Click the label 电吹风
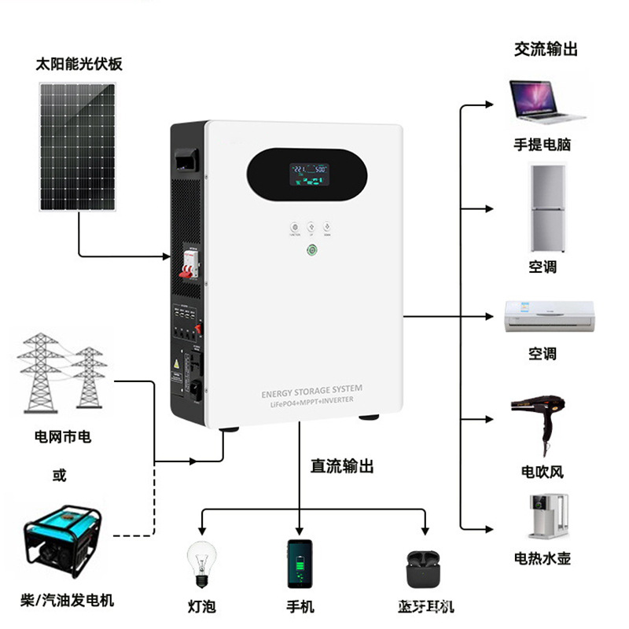click(x=543, y=472)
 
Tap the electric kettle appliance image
click(x=542, y=516)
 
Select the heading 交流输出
click(x=546, y=49)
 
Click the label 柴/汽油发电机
click(x=68, y=601)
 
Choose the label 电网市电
click(x=63, y=436)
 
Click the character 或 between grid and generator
click(x=60, y=475)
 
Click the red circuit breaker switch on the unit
click(x=189, y=270)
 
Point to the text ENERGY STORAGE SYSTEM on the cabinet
click(x=312, y=390)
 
